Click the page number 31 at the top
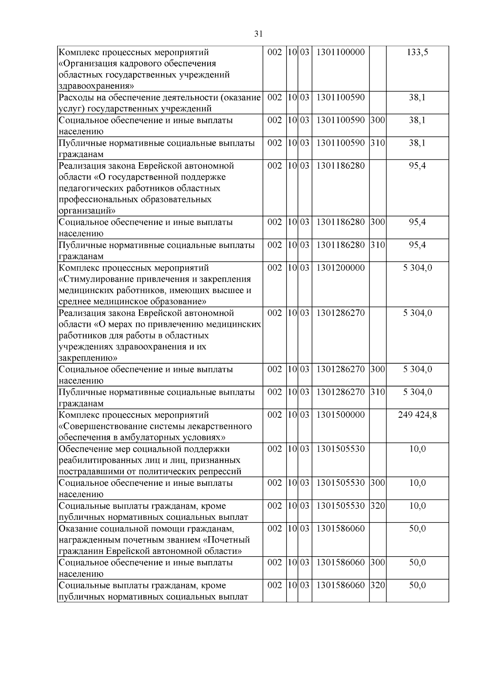pos(258,34)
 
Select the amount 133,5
pos(417,52)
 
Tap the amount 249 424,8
pos(417,415)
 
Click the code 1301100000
pos(341,52)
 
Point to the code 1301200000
pos(341,268)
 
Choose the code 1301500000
pos(341,415)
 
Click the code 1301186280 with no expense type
pos(341,166)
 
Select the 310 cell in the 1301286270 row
pos(378,392)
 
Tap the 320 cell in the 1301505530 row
pos(378,506)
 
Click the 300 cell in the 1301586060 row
pos(378,563)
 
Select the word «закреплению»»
pos(88,358)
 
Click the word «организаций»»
pos(87,210)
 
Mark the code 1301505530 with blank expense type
pos(341,449)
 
